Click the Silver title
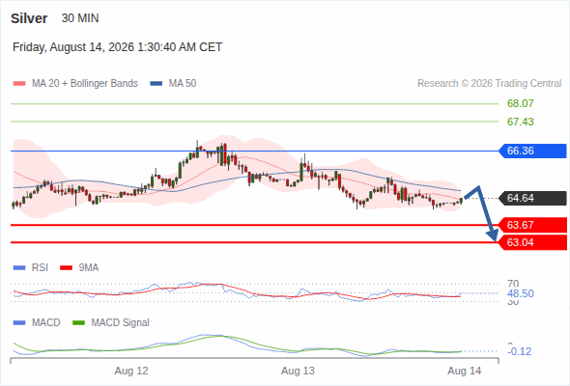point(29,18)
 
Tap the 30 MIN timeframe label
point(80,18)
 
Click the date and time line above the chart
point(118,47)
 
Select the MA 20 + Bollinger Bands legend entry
point(75,84)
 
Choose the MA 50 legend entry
point(173,84)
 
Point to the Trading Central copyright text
point(489,84)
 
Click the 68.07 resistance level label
point(520,103)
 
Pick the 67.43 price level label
point(520,122)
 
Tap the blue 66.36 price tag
point(532,151)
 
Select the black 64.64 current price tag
point(532,198)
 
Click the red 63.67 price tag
point(532,225)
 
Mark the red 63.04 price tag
point(532,242)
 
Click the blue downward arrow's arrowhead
point(494,236)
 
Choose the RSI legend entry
point(31,268)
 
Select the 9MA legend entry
point(79,268)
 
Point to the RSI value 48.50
point(520,293)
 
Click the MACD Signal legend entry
point(111,323)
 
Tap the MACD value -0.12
point(519,351)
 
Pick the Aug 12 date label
point(131,372)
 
